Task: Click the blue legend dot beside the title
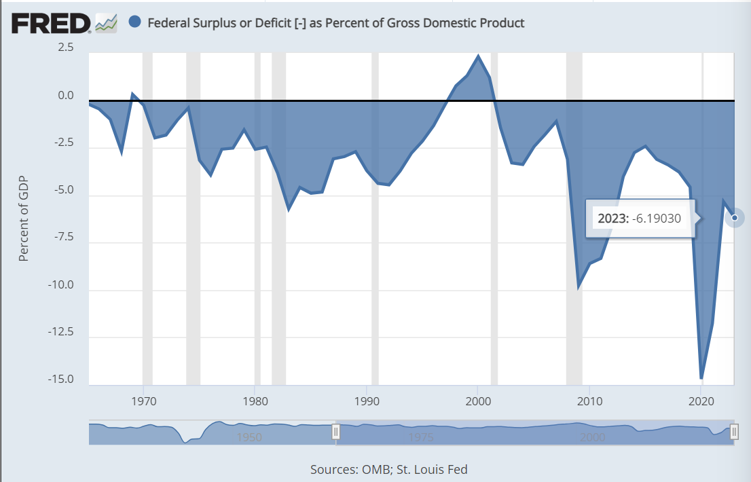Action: pos(134,22)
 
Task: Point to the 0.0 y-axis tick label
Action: pos(66,95)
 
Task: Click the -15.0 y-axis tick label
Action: pos(60,379)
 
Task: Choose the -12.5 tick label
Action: pos(60,332)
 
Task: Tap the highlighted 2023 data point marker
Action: pos(735,218)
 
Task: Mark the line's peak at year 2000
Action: pos(478,56)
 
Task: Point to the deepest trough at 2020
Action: pos(701,377)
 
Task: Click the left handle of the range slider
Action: pos(335,432)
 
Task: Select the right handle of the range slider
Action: pos(734,432)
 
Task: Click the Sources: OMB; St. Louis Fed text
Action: pos(389,469)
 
